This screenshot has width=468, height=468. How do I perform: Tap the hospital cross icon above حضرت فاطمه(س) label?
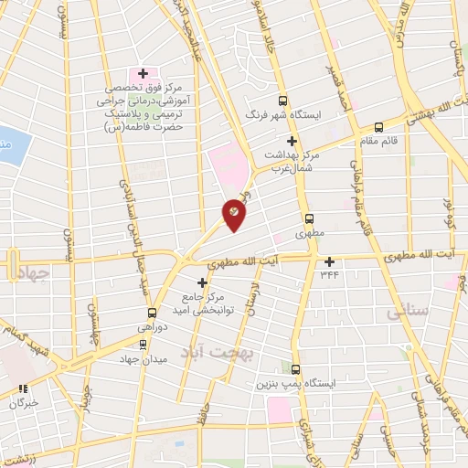click(x=143, y=73)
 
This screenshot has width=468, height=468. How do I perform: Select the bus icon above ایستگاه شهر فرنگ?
click(x=282, y=102)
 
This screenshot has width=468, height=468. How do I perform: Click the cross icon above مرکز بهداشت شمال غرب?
click(x=292, y=141)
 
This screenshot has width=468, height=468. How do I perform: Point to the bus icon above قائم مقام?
click(x=378, y=127)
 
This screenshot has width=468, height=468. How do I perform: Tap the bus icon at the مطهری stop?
click(x=310, y=219)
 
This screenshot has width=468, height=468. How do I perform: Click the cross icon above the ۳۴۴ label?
click(x=329, y=261)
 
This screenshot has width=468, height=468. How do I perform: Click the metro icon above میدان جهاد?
click(x=141, y=344)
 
